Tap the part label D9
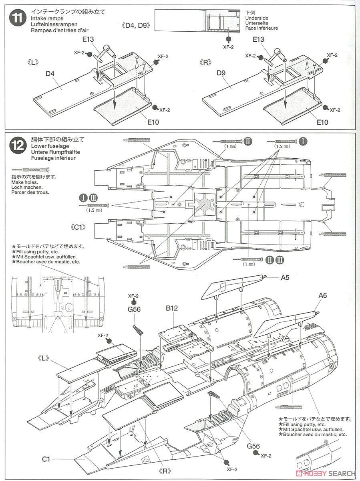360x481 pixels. click(221, 73)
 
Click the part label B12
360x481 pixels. click(172, 309)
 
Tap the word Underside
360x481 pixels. click(257, 18)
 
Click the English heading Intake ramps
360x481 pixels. click(46, 18)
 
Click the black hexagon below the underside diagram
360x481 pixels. click(228, 39)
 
